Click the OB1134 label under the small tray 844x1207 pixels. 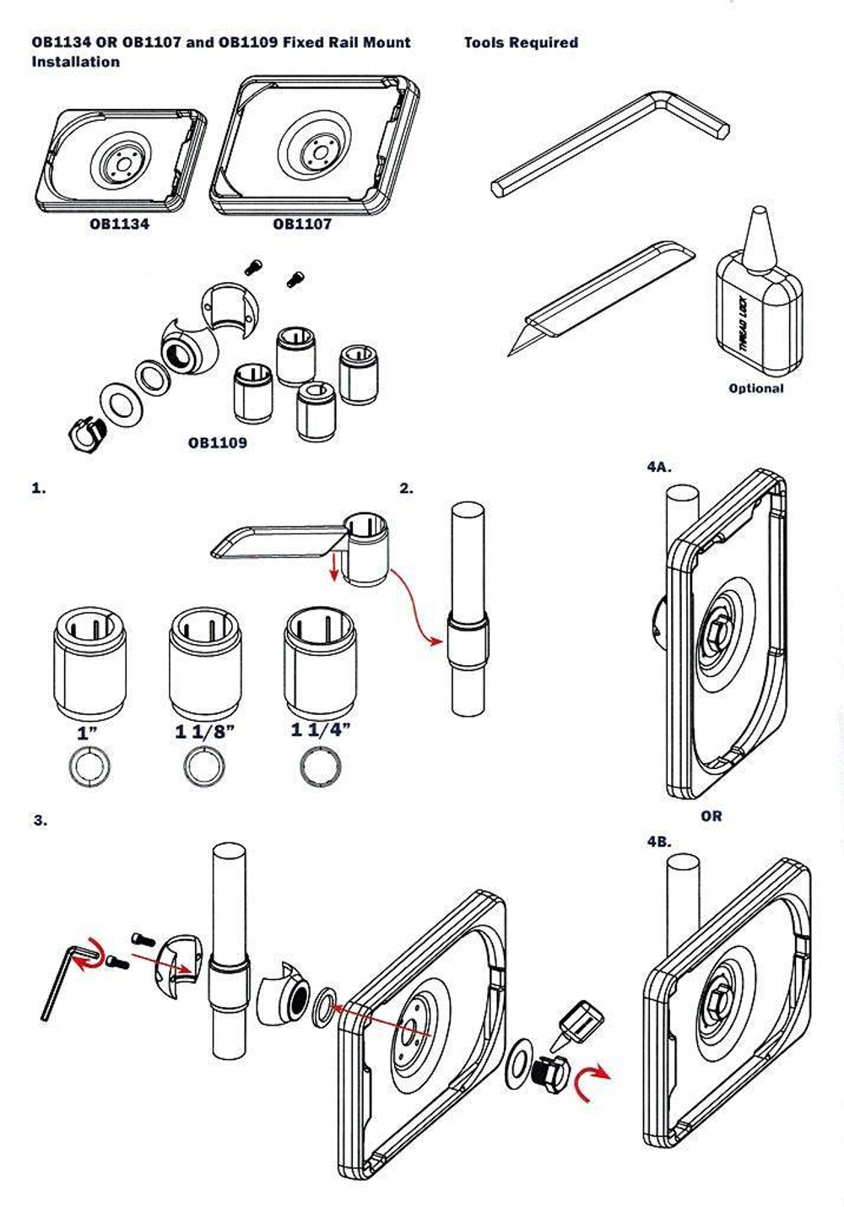(x=119, y=225)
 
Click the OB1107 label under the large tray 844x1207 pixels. (x=302, y=225)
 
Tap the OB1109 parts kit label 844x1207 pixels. (x=218, y=443)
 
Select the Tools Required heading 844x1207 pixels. (x=521, y=42)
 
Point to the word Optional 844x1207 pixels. (x=755, y=388)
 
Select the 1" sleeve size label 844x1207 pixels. (x=87, y=733)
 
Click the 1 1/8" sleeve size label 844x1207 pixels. (x=204, y=731)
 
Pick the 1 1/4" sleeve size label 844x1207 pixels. (x=320, y=729)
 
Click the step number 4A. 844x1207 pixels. (x=659, y=467)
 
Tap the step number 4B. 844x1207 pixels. (x=659, y=842)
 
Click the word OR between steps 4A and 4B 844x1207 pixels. (x=711, y=816)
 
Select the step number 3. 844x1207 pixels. (x=40, y=820)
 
